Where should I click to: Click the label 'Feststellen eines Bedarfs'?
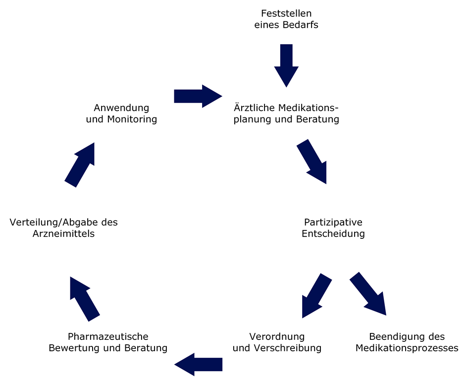[x=286, y=19]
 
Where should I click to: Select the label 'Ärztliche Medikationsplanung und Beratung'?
[x=286, y=113]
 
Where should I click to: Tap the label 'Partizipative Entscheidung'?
[x=333, y=227]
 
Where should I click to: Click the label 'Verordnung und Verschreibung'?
[x=277, y=342]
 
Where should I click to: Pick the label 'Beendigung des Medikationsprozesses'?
[x=407, y=342]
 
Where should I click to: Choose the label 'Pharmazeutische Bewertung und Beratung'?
[x=108, y=342]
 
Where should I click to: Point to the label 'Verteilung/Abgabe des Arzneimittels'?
[x=64, y=227]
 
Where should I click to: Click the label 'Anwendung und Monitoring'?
[x=121, y=113]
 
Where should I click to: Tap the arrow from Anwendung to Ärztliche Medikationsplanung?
[x=198, y=96]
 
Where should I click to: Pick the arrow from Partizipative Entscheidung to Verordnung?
[x=315, y=296]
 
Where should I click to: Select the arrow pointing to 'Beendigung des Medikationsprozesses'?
[x=368, y=294]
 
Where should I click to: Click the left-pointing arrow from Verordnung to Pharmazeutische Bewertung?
[x=198, y=364]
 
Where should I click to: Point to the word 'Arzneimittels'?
[x=64, y=233]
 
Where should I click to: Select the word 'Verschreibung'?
[x=292, y=348]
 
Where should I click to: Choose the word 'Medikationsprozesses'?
[x=407, y=348]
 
